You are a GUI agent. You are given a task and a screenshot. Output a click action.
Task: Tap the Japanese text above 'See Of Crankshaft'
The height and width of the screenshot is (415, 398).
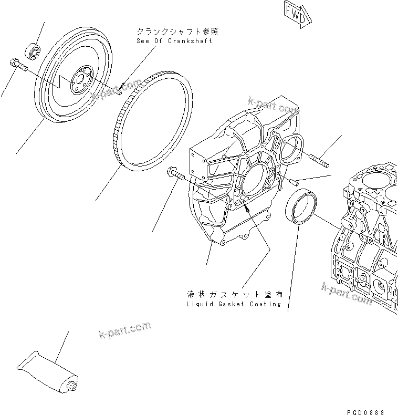click(x=175, y=32)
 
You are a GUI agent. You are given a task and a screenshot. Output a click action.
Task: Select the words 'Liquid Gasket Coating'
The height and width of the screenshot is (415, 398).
click(x=234, y=304)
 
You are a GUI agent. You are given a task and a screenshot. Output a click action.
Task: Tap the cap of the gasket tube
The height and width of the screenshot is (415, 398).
click(x=72, y=387)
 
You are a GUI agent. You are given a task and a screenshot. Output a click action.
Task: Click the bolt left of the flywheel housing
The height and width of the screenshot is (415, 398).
click(x=176, y=174)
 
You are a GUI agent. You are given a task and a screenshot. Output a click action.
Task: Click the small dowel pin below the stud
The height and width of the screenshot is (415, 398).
click(x=294, y=182)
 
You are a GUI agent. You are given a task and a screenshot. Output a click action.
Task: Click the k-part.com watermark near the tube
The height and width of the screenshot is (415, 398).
click(x=124, y=330)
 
